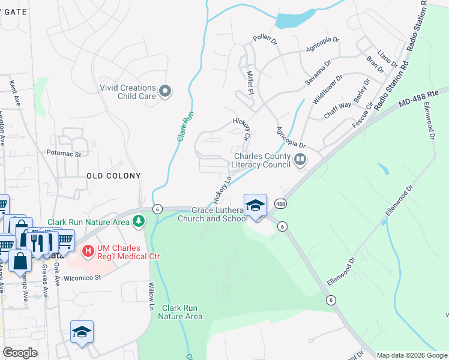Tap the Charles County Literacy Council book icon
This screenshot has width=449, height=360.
click(x=300, y=160)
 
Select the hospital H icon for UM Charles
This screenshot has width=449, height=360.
click(x=88, y=250)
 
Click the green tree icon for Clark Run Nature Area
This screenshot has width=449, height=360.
click(x=139, y=221)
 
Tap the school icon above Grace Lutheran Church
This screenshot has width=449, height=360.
click(x=255, y=205)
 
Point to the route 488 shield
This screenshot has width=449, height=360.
click(x=280, y=204)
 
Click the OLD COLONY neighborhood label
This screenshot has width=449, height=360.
click(x=113, y=176)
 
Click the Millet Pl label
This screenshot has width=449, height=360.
click(x=251, y=82)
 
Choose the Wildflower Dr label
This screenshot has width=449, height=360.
click(x=327, y=90)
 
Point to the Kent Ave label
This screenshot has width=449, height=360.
click(x=14, y=94)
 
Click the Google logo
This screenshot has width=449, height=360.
click(x=20, y=352)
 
